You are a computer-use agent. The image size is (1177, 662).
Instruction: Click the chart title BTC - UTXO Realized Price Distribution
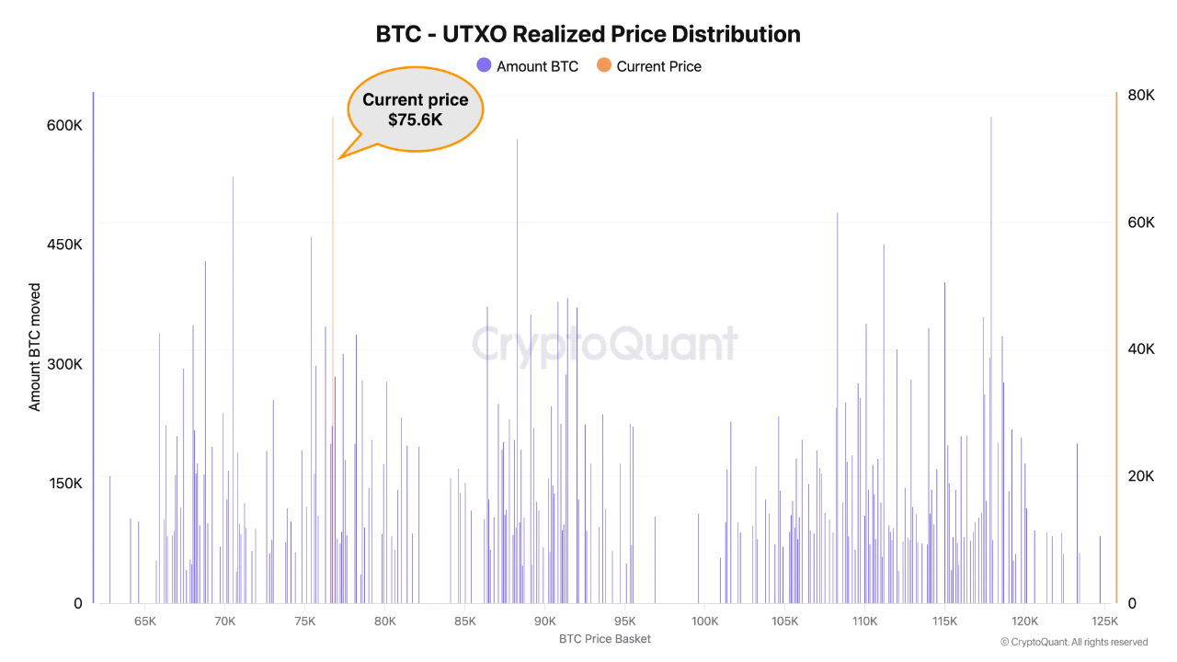click(588, 34)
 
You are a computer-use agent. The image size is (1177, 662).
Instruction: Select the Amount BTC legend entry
click(528, 66)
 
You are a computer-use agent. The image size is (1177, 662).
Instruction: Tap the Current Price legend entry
click(649, 66)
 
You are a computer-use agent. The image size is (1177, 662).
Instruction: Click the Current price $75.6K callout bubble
click(415, 109)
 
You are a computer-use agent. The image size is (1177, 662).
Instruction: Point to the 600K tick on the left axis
click(64, 125)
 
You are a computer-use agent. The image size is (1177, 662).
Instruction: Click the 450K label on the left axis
click(64, 245)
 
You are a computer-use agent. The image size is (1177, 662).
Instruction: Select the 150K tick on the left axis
click(65, 484)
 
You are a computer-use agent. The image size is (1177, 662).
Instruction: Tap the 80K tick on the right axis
click(1141, 95)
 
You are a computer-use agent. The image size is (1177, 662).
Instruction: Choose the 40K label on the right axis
click(1141, 348)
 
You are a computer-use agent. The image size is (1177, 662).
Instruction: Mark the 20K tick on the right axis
click(1141, 476)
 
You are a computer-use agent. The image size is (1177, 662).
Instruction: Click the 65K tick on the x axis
click(145, 622)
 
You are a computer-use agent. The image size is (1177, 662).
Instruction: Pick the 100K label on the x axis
click(704, 622)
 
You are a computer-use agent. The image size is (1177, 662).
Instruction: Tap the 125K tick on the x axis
click(1104, 622)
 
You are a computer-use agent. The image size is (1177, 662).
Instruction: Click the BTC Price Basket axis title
click(605, 639)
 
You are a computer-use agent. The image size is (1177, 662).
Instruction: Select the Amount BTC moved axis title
click(34, 348)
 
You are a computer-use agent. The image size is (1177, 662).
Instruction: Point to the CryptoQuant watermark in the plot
click(605, 345)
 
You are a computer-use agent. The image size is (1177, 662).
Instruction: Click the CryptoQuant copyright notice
click(1074, 642)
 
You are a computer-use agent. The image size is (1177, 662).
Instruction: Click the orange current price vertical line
click(333, 360)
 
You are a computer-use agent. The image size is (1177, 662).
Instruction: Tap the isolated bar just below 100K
click(698, 558)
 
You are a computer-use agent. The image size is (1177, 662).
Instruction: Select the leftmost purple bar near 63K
click(109, 540)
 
